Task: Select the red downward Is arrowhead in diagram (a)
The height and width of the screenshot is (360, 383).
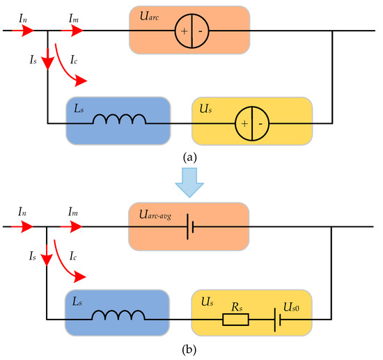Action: (x=47, y=64)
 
